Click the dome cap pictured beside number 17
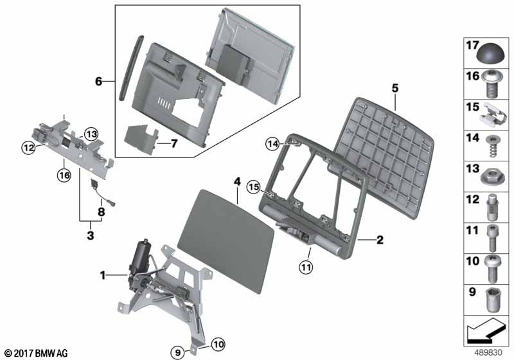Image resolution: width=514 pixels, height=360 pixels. [490, 55]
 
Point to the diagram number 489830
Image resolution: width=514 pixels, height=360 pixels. [488, 352]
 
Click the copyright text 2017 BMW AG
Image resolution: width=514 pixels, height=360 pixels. [37, 353]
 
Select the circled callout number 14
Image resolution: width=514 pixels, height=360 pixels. [273, 143]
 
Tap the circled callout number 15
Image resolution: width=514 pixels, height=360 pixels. [254, 188]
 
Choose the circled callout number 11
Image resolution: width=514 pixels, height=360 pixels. [306, 267]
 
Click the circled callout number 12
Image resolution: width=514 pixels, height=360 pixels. [29, 148]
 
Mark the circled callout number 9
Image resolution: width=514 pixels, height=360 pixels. [178, 353]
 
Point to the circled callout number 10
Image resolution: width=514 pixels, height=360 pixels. [218, 345]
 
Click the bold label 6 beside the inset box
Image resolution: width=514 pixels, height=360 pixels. [99, 81]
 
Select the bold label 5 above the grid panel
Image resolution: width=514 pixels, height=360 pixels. [395, 88]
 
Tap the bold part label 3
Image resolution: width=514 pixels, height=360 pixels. [91, 235]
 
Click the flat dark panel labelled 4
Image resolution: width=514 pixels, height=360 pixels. [226, 241]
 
